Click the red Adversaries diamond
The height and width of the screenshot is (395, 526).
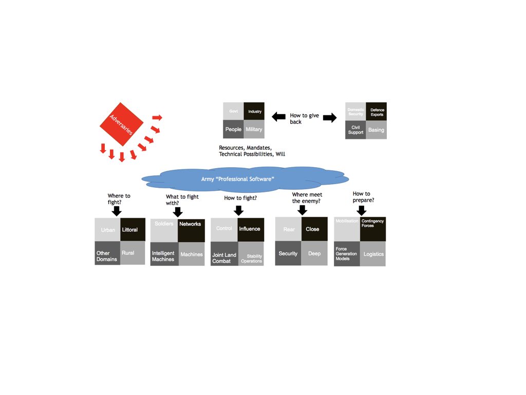point(122,124)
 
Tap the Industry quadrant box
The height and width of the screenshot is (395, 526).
point(254,111)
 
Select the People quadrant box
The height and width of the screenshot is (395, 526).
point(233,129)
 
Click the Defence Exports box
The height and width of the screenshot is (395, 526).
point(377,112)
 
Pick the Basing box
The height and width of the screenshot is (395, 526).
point(376,130)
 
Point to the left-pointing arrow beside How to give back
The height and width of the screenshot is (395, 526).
point(278,117)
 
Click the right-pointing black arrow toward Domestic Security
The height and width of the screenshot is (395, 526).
point(330,118)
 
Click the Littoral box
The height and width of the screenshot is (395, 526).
point(133,229)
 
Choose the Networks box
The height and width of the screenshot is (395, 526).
point(191,230)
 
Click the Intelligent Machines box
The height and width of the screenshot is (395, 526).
point(164,254)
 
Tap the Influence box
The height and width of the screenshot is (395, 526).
point(251,229)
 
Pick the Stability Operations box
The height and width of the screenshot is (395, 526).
point(251,254)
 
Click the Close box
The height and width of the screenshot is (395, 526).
point(314,229)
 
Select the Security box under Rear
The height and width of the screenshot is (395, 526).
point(288,253)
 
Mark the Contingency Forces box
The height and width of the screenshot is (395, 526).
point(372,229)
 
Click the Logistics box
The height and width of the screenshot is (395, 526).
point(373,254)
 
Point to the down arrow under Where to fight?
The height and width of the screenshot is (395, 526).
point(117,211)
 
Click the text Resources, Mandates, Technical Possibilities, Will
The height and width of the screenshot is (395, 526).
point(252,151)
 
